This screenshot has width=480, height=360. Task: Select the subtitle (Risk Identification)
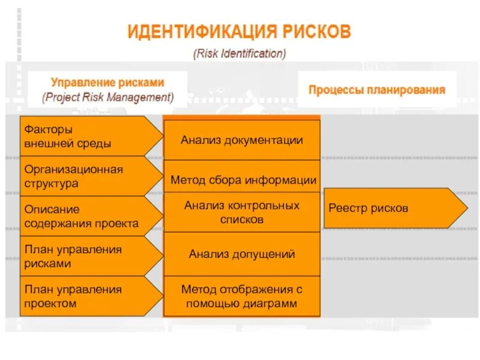point(239,53)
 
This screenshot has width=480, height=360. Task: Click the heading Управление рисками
point(107,82)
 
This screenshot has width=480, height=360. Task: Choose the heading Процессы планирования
point(377,90)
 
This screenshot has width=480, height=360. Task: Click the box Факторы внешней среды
point(84,136)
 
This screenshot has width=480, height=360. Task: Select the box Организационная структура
point(84,176)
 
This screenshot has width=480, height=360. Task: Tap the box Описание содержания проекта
point(84,216)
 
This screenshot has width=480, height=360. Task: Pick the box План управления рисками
point(84,256)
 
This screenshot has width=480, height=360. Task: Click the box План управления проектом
point(84,296)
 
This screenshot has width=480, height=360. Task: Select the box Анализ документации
point(242,140)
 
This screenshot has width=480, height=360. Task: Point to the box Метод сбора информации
point(242,179)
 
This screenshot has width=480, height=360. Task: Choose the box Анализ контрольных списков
point(242,212)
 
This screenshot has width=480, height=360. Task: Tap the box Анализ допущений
point(242,254)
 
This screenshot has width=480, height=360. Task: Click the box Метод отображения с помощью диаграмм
point(242,296)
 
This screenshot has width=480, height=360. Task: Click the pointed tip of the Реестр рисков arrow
point(466,208)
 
